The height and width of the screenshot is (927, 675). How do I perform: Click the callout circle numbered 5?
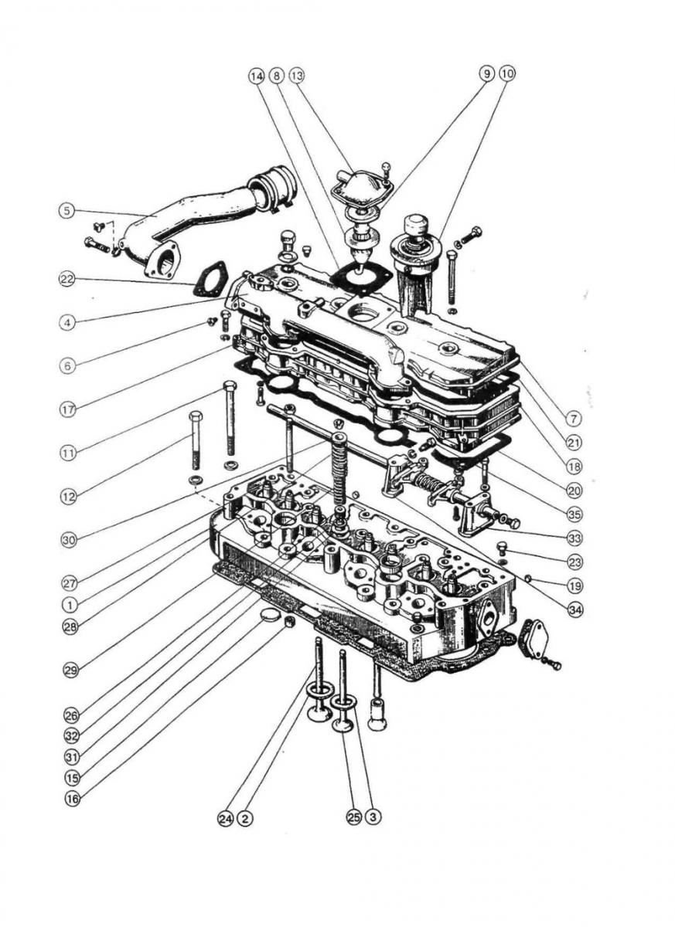click(67, 210)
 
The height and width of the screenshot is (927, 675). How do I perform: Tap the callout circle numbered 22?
click(67, 280)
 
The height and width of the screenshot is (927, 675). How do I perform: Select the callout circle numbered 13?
click(297, 76)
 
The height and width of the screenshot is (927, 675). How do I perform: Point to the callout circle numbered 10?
click(507, 74)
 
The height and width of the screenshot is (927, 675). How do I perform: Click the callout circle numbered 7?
click(573, 419)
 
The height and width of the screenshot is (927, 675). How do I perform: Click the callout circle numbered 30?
click(69, 541)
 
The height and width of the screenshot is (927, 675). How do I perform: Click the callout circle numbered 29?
click(71, 671)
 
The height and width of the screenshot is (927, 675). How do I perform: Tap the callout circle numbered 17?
click(68, 409)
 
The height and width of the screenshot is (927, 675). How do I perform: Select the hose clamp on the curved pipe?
click(276, 190)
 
